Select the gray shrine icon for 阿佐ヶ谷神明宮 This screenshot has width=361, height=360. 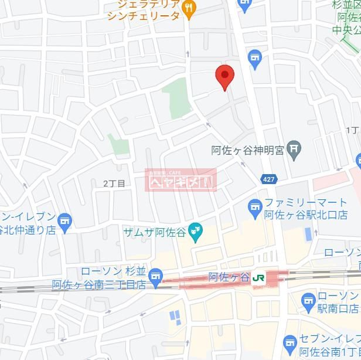click(295, 150)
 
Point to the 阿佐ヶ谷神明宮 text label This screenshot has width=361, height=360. click(247, 151)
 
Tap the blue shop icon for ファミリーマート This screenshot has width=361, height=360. click(254, 206)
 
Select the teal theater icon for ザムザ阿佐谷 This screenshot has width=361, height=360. click(196, 233)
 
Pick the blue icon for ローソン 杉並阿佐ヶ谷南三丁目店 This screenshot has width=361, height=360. click(155, 276)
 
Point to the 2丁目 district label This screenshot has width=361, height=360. click(114, 184)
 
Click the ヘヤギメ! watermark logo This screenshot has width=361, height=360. click(180, 180)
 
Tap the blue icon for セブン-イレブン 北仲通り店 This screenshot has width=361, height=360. click(64, 222)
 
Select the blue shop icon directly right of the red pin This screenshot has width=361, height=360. click(254, 57)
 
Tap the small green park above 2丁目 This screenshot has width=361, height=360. click(118, 145)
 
